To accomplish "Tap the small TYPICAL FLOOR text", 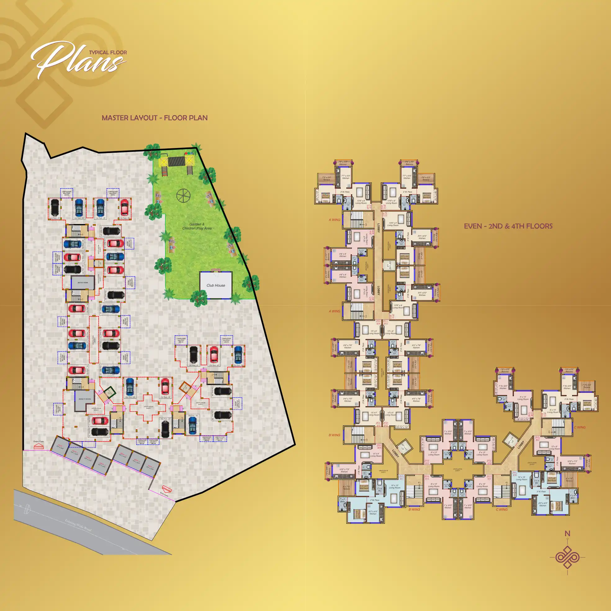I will coord(108,52).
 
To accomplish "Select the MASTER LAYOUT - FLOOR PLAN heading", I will coord(155,118).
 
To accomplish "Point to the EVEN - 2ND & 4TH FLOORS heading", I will coord(508,226).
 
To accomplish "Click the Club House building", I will coord(216,285).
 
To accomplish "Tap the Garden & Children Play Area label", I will coord(197,226).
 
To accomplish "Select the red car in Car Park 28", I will coord(124,207).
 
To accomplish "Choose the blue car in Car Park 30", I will coord(79,207).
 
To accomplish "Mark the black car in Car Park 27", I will coord(112,231).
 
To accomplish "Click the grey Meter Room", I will coord(83,282).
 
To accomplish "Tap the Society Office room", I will coord(85,399).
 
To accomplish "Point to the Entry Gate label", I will coord(39,442).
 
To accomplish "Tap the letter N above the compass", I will coord(567,533).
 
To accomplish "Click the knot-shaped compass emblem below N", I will coord(567,557).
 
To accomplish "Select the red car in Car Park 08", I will coord(165,386).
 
